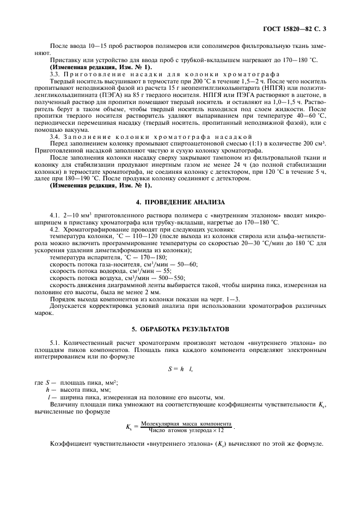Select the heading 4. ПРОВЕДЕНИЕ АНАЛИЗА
(180, 201)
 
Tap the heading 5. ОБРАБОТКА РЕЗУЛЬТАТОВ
(180, 329)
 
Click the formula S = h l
(180, 369)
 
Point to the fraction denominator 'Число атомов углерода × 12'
(186, 430)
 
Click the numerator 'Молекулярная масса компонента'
(186, 423)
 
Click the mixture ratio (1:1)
(266, 143)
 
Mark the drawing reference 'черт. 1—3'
(221, 299)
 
